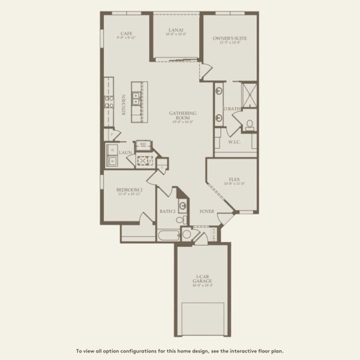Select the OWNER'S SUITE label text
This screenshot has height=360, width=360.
(x=230, y=38)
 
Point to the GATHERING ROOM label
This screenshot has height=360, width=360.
(x=179, y=115)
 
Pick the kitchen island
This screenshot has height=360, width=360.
(x=139, y=100)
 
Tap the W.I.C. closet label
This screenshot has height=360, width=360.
(x=235, y=142)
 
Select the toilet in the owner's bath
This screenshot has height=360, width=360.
(x=249, y=125)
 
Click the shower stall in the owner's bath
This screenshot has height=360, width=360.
(x=250, y=94)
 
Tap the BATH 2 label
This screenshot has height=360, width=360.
(x=167, y=212)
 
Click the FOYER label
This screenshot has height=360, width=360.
(x=207, y=212)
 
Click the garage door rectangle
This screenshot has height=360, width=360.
(x=202, y=317)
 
